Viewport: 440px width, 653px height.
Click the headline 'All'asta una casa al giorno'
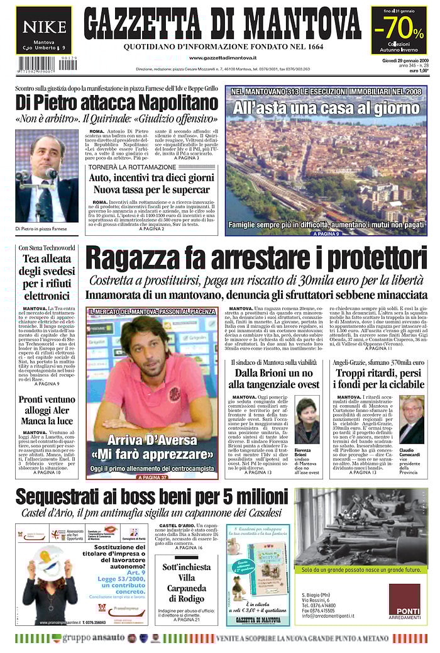point(326,108)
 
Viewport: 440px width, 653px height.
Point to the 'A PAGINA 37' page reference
point(151,477)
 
